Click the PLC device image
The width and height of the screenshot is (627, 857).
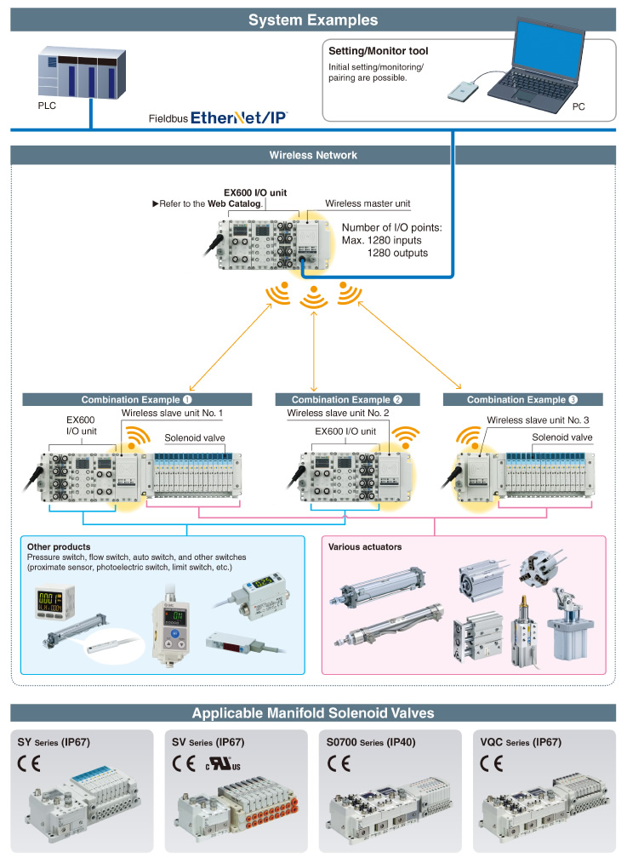[x=82, y=72]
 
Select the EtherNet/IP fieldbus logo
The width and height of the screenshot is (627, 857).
[x=239, y=117]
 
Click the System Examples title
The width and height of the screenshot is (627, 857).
[x=313, y=20]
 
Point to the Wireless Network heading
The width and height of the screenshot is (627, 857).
[x=313, y=155]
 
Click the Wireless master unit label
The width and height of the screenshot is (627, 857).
[x=368, y=203]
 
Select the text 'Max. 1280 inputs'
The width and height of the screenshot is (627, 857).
[x=382, y=240]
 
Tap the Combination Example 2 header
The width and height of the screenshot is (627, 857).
[x=347, y=399]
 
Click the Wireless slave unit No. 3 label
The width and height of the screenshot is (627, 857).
[x=538, y=420]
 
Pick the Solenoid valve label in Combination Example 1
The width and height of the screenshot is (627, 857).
[x=195, y=437]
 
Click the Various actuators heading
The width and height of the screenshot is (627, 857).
[x=365, y=546]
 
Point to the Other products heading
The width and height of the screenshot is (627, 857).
[x=59, y=546]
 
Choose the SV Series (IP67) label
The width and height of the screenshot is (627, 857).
[x=208, y=742]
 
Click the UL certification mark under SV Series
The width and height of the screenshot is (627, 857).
[x=224, y=763]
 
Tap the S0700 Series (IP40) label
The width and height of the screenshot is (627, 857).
[x=371, y=742]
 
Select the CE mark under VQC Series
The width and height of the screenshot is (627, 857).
[x=492, y=763]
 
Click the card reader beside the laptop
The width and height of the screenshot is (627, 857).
[x=463, y=90]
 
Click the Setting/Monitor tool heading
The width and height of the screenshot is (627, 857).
[x=378, y=51]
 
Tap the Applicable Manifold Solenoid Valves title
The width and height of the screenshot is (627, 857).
[x=313, y=713]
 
